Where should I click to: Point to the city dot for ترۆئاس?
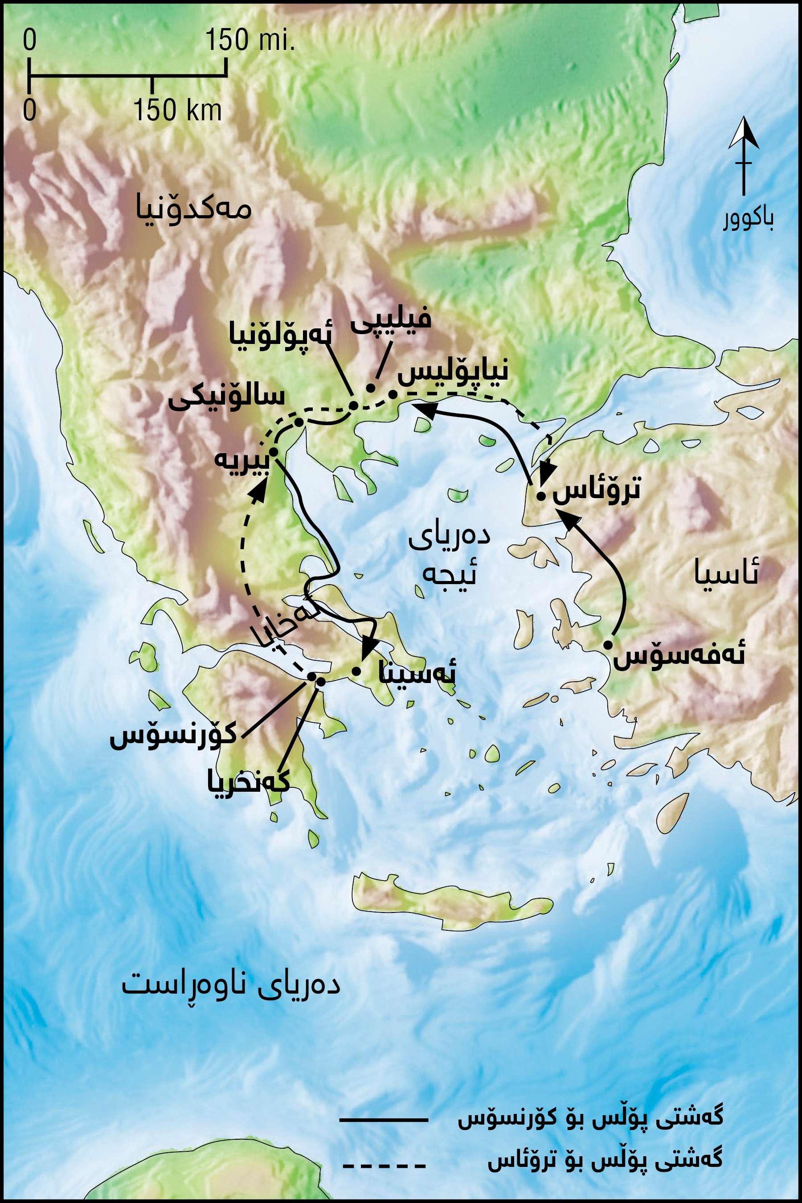click(x=540, y=495)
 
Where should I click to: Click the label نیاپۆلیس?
click(x=453, y=372)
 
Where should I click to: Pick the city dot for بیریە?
click(x=273, y=452)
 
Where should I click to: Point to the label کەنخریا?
click(x=249, y=782)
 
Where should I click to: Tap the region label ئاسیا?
click(x=726, y=572)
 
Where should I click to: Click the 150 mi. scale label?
click(x=250, y=40)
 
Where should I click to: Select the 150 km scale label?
click(x=177, y=109)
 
